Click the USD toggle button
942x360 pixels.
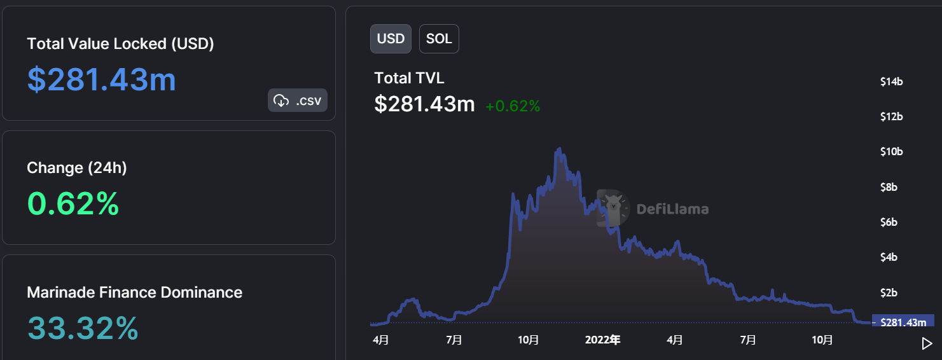coord(391,38)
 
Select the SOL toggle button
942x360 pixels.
coord(439,38)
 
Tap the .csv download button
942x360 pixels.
coord(298,100)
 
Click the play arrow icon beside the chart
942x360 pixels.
coord(927,343)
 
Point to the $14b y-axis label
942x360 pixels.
coord(892,81)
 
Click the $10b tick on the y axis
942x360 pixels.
coord(892,152)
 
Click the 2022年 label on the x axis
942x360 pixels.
coord(602,340)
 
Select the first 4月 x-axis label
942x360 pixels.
coord(380,340)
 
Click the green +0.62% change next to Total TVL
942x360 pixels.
coord(513,106)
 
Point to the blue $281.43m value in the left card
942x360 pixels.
coord(102,80)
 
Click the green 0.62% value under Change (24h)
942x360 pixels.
coord(73,204)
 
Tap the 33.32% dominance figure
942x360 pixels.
coord(83,328)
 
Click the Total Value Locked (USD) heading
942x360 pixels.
coord(120,44)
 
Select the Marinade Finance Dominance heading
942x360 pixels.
coord(134,293)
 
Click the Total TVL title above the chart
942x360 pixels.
coord(409,78)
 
